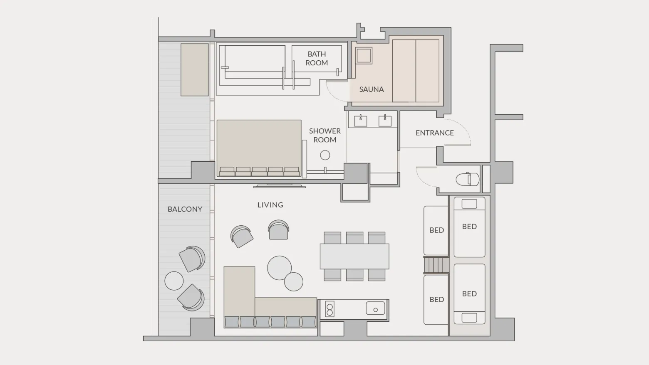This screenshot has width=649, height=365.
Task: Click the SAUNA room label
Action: pos(372,89)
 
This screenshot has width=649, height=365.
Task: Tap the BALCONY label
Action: pos(185,209)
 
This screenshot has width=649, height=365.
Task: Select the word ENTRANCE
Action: pos(435,133)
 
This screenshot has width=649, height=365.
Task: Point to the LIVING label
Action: pos(270,205)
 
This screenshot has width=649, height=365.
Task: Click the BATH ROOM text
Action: pos(317,59)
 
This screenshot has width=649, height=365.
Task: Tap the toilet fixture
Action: pos(467,179)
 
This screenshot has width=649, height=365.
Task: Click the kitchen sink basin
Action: pos(376,308)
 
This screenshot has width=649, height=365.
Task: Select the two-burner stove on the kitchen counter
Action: pos(330,309)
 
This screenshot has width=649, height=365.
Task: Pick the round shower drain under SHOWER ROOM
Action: pos(325,155)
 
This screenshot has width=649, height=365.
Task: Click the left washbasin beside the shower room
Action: pos(360,121)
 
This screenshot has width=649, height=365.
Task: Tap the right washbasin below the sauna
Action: pos(385,121)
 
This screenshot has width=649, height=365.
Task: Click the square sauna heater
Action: pos(364,56)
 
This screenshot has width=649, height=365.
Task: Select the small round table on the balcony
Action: pos(174,281)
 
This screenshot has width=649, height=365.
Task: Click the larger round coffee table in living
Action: pos(279,268)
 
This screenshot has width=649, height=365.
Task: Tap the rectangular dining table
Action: pos(354,256)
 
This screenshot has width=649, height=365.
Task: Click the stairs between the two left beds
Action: pos(436,265)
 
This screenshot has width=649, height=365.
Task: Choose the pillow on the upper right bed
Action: pos(469,204)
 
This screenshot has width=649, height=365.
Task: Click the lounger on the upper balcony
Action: pos(195,70)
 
